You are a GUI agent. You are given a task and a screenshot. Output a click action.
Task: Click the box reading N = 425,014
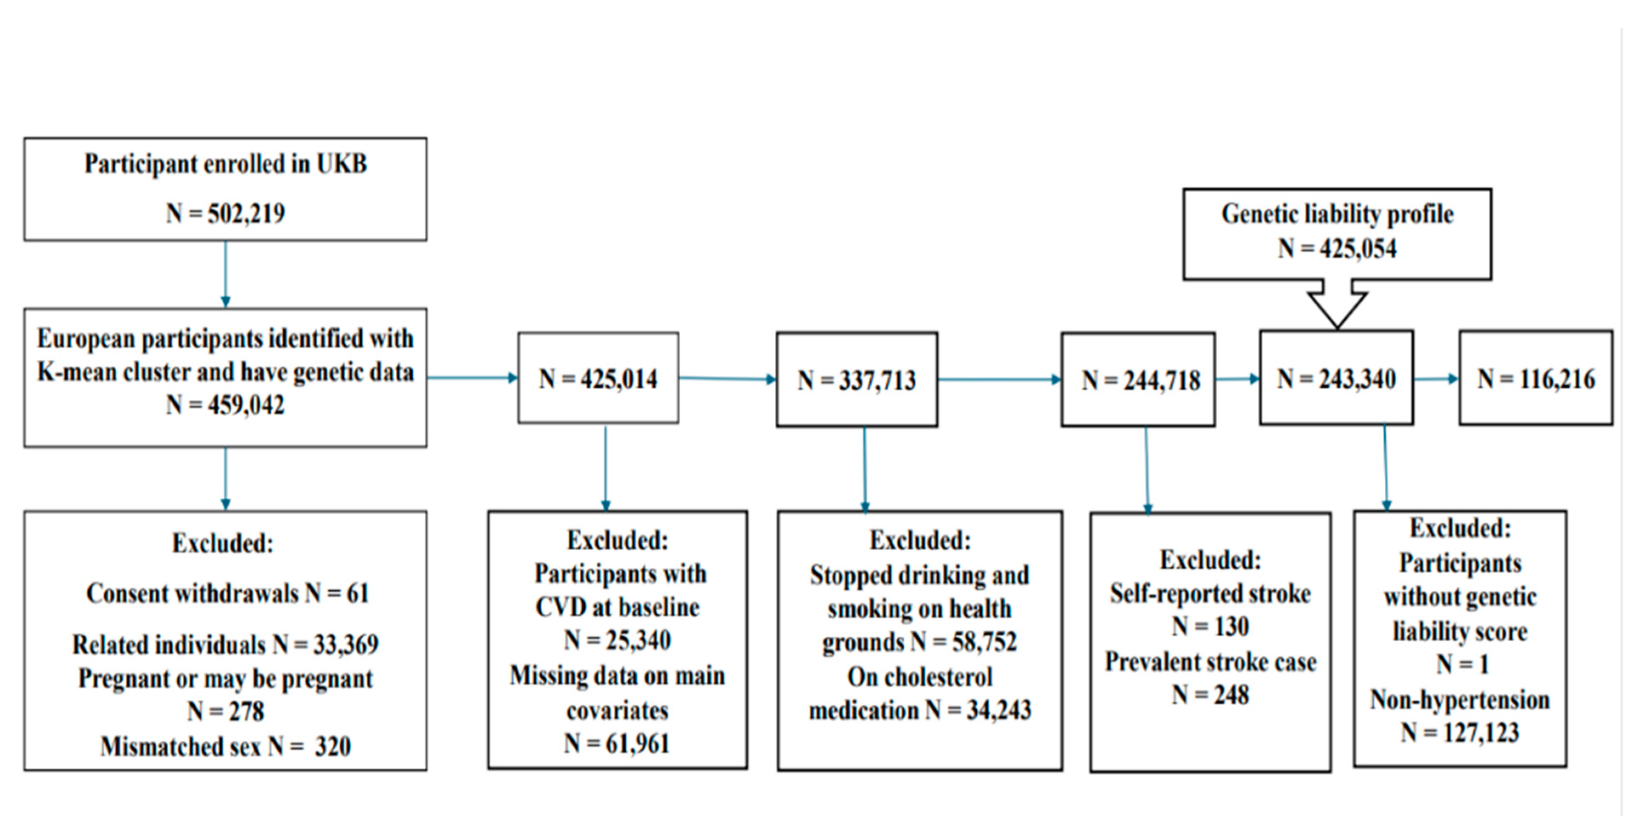point(598,378)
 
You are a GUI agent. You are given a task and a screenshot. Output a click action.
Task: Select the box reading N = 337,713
point(857,380)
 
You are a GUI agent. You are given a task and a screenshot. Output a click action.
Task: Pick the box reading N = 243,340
point(1336,378)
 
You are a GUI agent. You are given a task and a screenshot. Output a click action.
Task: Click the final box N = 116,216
point(1536,378)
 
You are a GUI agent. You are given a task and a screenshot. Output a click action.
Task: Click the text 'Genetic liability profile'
point(1337,214)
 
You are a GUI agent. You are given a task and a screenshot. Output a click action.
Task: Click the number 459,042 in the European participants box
point(246,405)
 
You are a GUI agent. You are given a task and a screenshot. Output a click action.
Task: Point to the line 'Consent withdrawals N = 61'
point(227,594)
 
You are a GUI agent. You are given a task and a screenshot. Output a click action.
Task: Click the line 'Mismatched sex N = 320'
point(225,746)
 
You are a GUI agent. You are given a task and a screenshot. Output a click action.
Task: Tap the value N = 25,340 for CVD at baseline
point(618,640)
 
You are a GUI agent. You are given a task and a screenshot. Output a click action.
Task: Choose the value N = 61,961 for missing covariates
point(618,743)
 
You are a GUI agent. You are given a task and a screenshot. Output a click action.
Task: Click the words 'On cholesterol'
point(920,677)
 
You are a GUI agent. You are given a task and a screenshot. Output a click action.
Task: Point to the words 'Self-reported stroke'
point(1210,594)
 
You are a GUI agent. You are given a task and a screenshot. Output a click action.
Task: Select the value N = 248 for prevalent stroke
point(1210,695)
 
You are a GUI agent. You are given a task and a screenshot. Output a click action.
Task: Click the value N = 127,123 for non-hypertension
point(1460,732)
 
